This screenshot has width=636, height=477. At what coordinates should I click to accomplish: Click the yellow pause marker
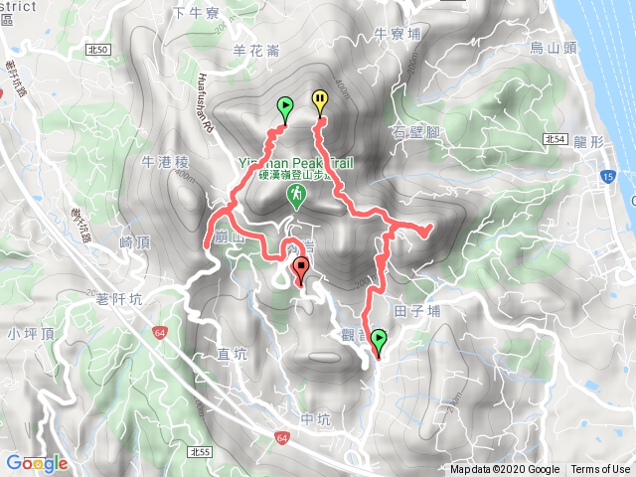pyautogui.click(x=320, y=101)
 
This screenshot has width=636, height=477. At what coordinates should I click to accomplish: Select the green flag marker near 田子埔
pyautogui.click(x=379, y=342)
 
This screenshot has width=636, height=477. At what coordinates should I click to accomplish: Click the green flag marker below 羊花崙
pyautogui.click(x=285, y=107)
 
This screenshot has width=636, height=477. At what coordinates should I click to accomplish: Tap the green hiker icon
pyautogui.click(x=297, y=199)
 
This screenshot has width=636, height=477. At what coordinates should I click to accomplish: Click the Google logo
pyautogui.click(x=36, y=463)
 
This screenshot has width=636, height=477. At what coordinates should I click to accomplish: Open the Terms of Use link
pyautogui.click(x=600, y=470)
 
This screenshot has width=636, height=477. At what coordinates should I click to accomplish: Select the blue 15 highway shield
pyautogui.click(x=605, y=177)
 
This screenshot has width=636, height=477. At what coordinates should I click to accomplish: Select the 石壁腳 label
pyautogui.click(x=415, y=132)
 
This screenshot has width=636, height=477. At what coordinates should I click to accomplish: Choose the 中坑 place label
pyautogui.click(x=313, y=418)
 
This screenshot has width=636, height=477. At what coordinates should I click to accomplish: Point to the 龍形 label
pyautogui.click(x=589, y=142)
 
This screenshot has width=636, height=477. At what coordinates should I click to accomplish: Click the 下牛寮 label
pyautogui.click(x=194, y=13)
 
